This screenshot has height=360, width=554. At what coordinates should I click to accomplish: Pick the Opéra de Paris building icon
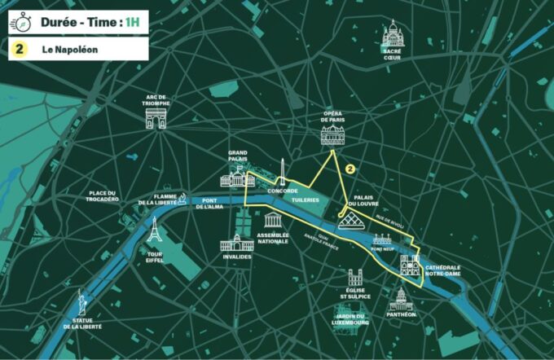click(x=332, y=136)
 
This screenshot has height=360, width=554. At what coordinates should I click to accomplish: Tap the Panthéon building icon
click(x=402, y=298)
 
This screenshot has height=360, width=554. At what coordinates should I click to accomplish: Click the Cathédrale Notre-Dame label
click(x=444, y=271)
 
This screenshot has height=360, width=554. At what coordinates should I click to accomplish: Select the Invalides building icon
click(x=237, y=242)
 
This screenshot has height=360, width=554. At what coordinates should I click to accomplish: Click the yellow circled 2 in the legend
click(x=19, y=50)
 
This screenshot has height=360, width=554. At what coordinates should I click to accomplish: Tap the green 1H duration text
click(x=136, y=22)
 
